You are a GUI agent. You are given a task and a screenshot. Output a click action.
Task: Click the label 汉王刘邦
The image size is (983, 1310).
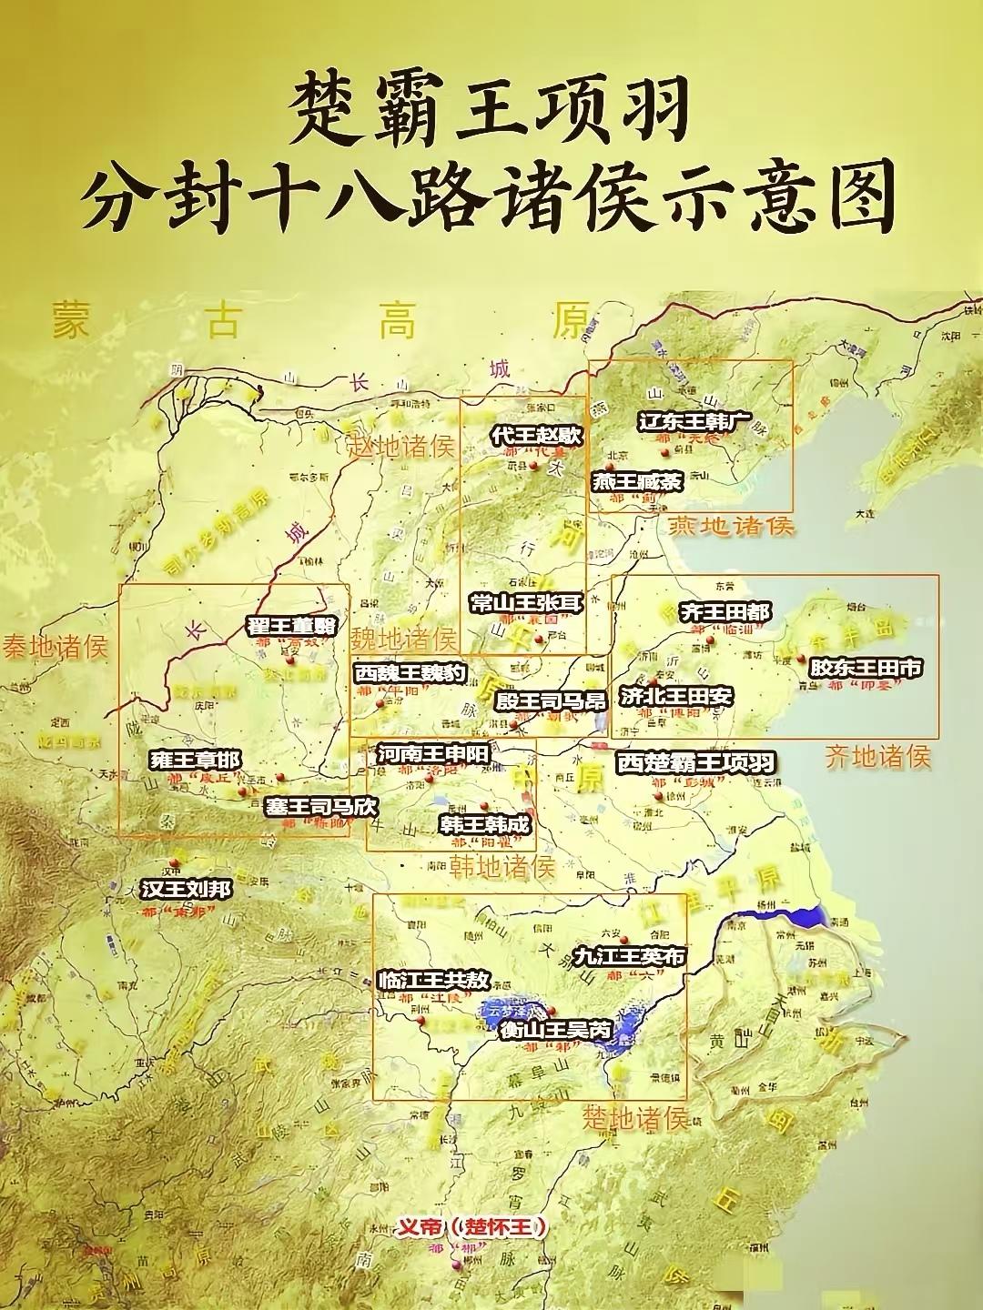[186, 889]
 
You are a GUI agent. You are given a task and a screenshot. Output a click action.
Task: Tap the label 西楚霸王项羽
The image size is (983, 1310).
[695, 762]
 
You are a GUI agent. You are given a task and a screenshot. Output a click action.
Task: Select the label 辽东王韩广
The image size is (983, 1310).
[694, 422]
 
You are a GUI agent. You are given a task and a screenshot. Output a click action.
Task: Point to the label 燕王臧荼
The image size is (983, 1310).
[636, 481]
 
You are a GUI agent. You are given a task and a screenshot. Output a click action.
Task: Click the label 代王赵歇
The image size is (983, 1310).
[535, 436]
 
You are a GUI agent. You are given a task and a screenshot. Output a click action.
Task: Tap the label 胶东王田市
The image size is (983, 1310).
[865, 668]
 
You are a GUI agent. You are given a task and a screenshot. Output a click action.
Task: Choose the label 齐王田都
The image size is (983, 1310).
[725, 611]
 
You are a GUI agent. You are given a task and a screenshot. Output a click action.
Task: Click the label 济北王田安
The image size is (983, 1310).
[676, 696]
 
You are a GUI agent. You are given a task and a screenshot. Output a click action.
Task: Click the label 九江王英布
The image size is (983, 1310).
[628, 956]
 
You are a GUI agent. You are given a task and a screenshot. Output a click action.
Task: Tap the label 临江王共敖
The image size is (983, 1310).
[433, 980]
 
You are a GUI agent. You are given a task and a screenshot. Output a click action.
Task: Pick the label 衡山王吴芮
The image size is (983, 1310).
[555, 1031]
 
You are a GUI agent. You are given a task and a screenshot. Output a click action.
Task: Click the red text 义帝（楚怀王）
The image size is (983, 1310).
[472, 1227]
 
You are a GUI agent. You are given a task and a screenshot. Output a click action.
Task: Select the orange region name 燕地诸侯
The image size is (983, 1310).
[731, 526]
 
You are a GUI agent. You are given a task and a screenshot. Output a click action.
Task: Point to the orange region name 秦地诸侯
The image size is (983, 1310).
[55, 647]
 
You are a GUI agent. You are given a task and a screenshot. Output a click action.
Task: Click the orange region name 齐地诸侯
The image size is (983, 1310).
[877, 756]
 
